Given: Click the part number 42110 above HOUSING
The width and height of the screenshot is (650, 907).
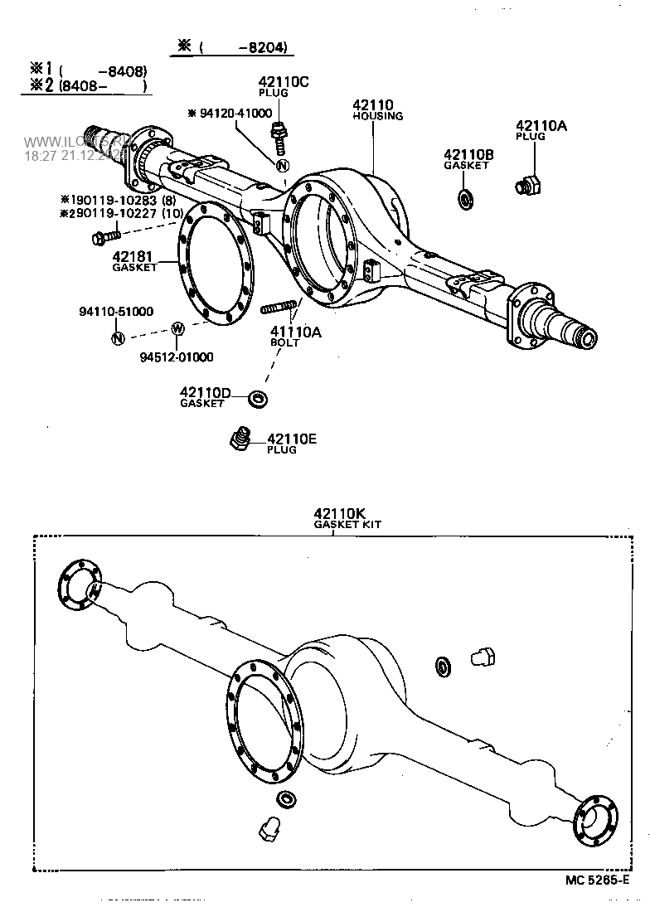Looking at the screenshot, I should (372, 105).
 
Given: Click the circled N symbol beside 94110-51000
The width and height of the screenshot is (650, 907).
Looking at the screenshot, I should (117, 337).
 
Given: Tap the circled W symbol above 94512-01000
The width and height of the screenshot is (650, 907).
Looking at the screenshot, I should (177, 328).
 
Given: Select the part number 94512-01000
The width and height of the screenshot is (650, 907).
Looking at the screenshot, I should (176, 357).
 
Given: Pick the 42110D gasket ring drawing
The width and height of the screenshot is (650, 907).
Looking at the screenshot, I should (259, 400).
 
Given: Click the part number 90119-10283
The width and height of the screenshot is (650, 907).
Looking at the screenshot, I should (120, 200).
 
